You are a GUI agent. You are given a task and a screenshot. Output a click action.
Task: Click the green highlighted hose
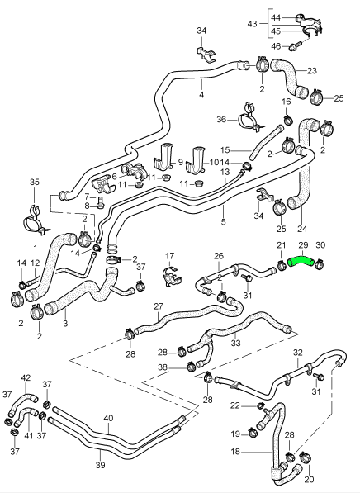coord(301,261)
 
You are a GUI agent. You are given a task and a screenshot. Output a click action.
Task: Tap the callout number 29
coord(303,245)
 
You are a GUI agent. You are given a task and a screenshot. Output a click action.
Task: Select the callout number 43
coord(252,24)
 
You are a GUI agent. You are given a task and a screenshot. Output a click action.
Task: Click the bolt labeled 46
coord(296,45)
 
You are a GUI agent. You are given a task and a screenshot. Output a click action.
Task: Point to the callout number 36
coord(221,120)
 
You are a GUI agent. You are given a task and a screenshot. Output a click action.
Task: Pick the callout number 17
coord(169,256)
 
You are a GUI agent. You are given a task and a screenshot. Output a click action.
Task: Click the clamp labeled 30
coord(319,265)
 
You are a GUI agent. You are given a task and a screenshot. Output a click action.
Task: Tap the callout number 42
coord(26,377)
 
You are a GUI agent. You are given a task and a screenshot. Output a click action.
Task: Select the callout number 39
coord(100,465)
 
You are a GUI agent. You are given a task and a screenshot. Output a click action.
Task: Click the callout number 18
coord(235,452)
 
